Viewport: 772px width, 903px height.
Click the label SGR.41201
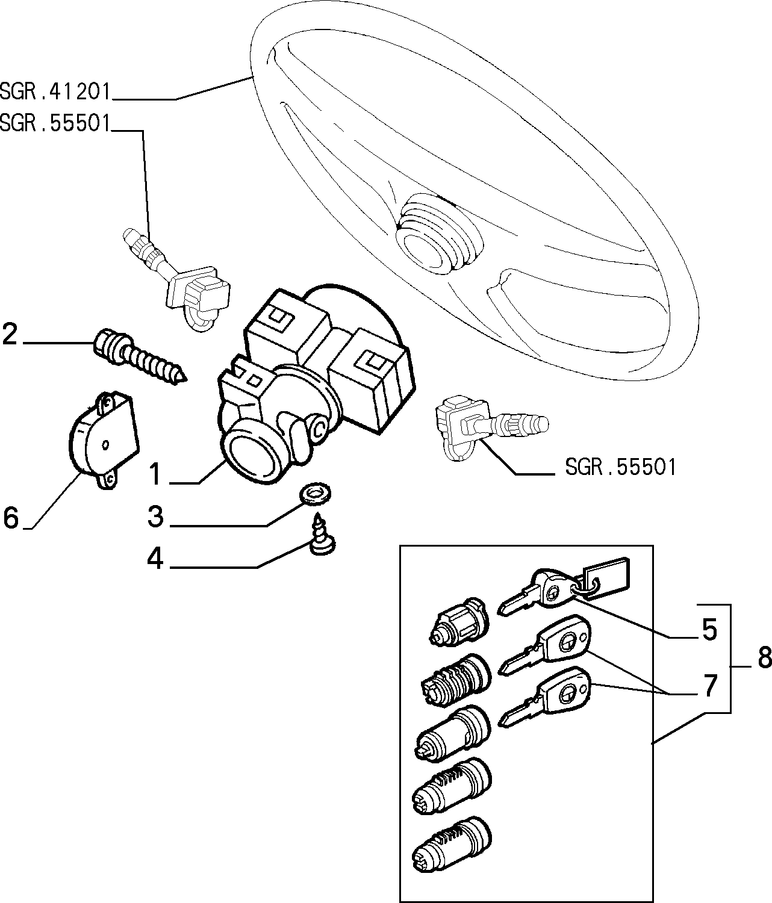55,92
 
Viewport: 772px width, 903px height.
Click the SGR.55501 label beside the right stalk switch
620,467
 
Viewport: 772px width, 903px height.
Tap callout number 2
10,334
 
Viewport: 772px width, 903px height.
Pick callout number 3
155,517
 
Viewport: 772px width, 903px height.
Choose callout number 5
709,630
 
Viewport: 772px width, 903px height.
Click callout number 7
709,686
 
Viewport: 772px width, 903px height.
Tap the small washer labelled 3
314,494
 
